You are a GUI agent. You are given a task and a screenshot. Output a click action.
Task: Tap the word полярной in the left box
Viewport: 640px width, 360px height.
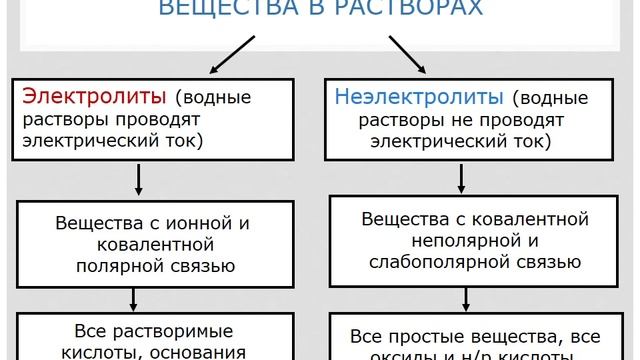[118, 266]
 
